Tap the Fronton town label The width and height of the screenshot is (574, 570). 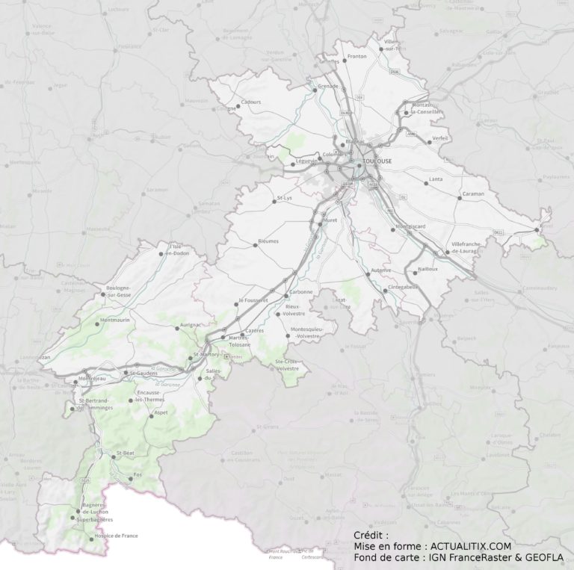click(357, 57)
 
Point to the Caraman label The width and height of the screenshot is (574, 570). click(473, 193)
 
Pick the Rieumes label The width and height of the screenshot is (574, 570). click(268, 241)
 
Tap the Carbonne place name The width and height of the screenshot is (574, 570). click(300, 291)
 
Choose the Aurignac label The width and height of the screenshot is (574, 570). click(189, 326)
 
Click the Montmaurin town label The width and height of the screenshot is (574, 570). click(115, 320)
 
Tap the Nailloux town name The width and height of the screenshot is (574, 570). click(428, 267)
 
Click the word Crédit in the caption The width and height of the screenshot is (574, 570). click(371, 536)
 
